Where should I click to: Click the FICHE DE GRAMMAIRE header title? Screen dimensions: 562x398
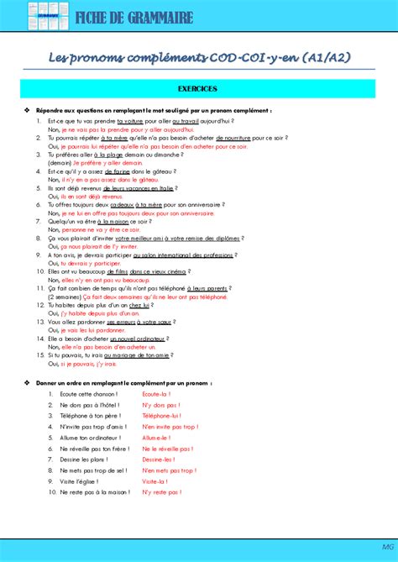(x=135, y=18)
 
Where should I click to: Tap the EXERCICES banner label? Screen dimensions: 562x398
(x=198, y=87)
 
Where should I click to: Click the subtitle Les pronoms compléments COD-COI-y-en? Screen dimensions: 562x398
(x=198, y=56)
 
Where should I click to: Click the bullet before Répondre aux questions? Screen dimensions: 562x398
(x=28, y=110)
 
